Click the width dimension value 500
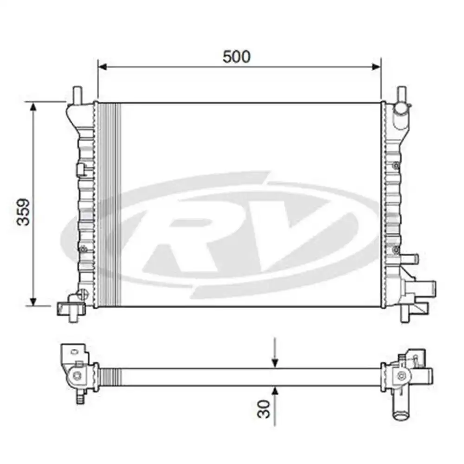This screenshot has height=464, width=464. coord(236,57)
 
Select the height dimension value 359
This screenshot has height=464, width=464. coord(23,212)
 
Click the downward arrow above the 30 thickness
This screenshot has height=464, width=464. coord(275,362)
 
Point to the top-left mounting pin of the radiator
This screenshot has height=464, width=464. coord(77,95)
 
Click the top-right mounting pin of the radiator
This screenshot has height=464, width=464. coord(401,95)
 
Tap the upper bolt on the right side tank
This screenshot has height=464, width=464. coord(395,166)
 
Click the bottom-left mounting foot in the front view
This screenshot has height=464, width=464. coord(70,309)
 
